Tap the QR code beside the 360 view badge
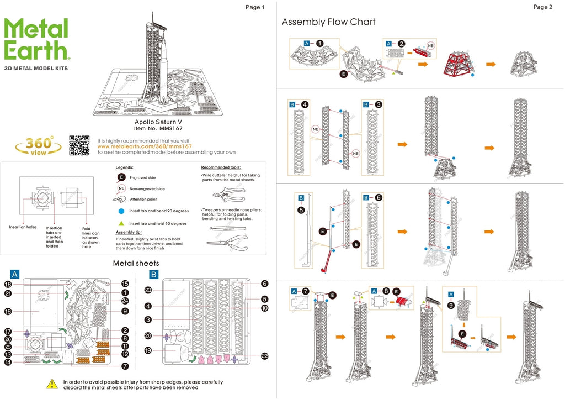[79, 145]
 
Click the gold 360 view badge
[38, 145]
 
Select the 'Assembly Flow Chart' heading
[328, 22]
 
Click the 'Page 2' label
[542, 7]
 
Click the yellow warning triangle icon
[52, 383]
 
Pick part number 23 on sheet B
[148, 290]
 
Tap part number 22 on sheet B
[264, 356]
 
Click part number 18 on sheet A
[8, 284]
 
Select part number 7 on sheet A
[125, 366]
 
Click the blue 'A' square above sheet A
[15, 274]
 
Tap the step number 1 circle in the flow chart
[319, 43]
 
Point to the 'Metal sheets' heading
[136, 263]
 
